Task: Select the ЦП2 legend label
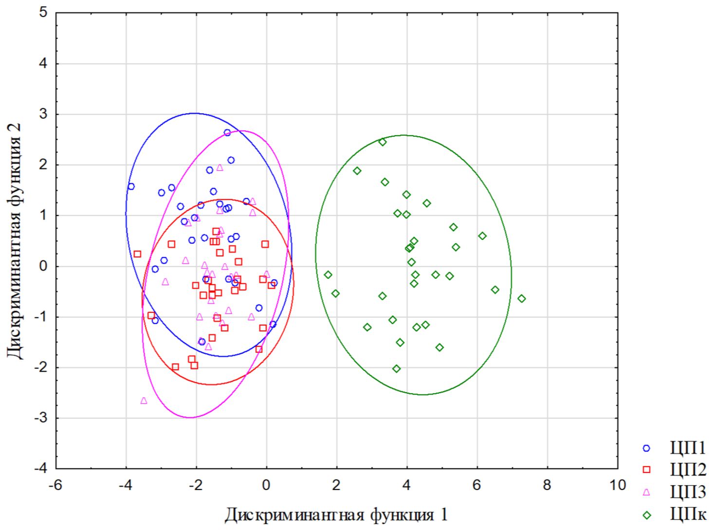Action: tap(687, 470)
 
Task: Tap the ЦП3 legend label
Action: tap(687, 492)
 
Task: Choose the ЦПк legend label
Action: tap(687, 514)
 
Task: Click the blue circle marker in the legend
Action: tap(646, 448)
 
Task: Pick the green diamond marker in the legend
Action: tap(646, 514)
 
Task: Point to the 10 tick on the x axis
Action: tap(618, 485)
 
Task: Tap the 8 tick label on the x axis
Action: tap(547, 485)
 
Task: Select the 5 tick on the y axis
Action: tap(44, 13)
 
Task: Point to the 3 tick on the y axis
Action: tap(44, 114)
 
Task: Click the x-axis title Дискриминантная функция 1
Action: tap(335, 514)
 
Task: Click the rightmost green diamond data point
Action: tap(521, 298)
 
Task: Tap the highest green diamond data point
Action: tap(383, 142)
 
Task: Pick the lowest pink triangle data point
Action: tap(144, 401)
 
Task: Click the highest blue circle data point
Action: tap(227, 132)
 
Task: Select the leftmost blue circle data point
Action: tap(131, 186)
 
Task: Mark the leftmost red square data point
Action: tap(137, 254)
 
